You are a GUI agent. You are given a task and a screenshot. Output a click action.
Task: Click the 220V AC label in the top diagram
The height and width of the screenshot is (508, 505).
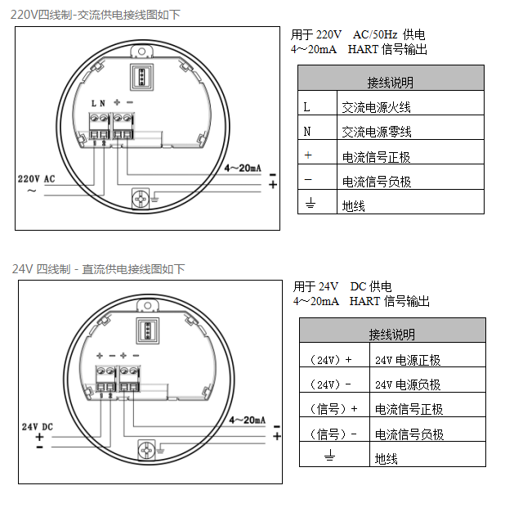[36, 179]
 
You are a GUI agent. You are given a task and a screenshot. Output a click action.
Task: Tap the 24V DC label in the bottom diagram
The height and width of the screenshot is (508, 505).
[38, 427]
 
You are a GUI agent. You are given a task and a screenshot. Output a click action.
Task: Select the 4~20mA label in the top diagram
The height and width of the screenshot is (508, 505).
[243, 168]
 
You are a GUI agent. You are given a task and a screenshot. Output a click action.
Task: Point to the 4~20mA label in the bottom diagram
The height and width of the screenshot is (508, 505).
[248, 420]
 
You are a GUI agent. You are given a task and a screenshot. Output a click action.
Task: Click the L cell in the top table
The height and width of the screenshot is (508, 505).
[317, 103]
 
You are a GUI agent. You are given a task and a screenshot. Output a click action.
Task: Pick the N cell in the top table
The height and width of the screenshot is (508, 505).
[317, 128]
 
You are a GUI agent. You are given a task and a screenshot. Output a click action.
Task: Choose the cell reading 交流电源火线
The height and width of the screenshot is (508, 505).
[410, 103]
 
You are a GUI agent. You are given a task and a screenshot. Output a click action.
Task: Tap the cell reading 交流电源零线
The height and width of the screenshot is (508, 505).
[410, 128]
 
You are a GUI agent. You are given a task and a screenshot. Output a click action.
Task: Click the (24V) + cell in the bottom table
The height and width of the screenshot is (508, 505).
[334, 355]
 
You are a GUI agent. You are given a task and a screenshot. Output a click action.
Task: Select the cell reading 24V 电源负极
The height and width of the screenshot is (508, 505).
[427, 380]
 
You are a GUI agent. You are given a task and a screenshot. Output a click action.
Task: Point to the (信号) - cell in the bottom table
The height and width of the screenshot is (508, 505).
[334, 429]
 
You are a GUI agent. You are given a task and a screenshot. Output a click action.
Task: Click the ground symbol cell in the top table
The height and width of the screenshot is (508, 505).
[317, 202]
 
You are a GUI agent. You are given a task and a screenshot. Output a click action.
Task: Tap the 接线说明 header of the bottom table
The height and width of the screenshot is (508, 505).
[392, 330]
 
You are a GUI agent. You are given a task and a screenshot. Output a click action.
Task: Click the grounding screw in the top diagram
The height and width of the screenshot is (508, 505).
[141, 198]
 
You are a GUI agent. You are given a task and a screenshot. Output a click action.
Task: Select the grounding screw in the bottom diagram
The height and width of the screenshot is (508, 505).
[146, 450]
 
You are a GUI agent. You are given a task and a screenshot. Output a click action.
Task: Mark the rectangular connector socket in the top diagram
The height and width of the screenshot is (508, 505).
[142, 77]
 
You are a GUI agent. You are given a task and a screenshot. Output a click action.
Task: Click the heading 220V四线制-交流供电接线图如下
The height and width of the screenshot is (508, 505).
[95, 15]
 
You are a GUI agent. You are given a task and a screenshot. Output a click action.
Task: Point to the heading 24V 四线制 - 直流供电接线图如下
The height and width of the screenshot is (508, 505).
[98, 269]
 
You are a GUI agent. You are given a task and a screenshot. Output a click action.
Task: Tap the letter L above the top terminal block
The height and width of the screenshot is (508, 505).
[94, 103]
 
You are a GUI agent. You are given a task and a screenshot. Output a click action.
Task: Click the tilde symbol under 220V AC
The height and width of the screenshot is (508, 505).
[31, 191]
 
